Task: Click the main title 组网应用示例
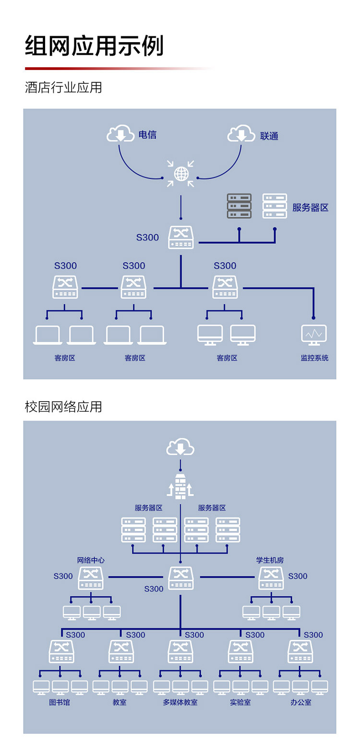pyautogui.click(x=94, y=45)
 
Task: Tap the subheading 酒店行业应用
pyautogui.click(x=63, y=87)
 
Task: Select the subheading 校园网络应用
pyautogui.click(x=63, y=406)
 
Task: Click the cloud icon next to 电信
pyautogui.click(x=120, y=133)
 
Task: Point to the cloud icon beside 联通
pyautogui.click(x=241, y=133)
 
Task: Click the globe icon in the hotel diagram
pyautogui.click(x=181, y=174)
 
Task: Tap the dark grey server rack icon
pyautogui.click(x=239, y=206)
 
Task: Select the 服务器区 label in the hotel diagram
pyautogui.click(x=310, y=207)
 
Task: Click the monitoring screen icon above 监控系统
pyautogui.click(x=313, y=334)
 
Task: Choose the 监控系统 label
pyautogui.click(x=314, y=358)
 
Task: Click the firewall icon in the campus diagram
pyautogui.click(x=180, y=486)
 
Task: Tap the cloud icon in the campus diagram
pyautogui.click(x=180, y=446)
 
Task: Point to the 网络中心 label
pyautogui.click(x=91, y=560)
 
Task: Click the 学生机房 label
pyautogui.click(x=270, y=560)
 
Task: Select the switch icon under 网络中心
pyautogui.click(x=91, y=578)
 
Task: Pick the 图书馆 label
pyautogui.click(x=60, y=702)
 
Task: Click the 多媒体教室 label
pyautogui.click(x=180, y=702)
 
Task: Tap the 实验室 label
pyautogui.click(x=240, y=702)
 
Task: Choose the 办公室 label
pyautogui.click(x=300, y=702)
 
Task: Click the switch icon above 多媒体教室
pyautogui.click(x=180, y=652)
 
